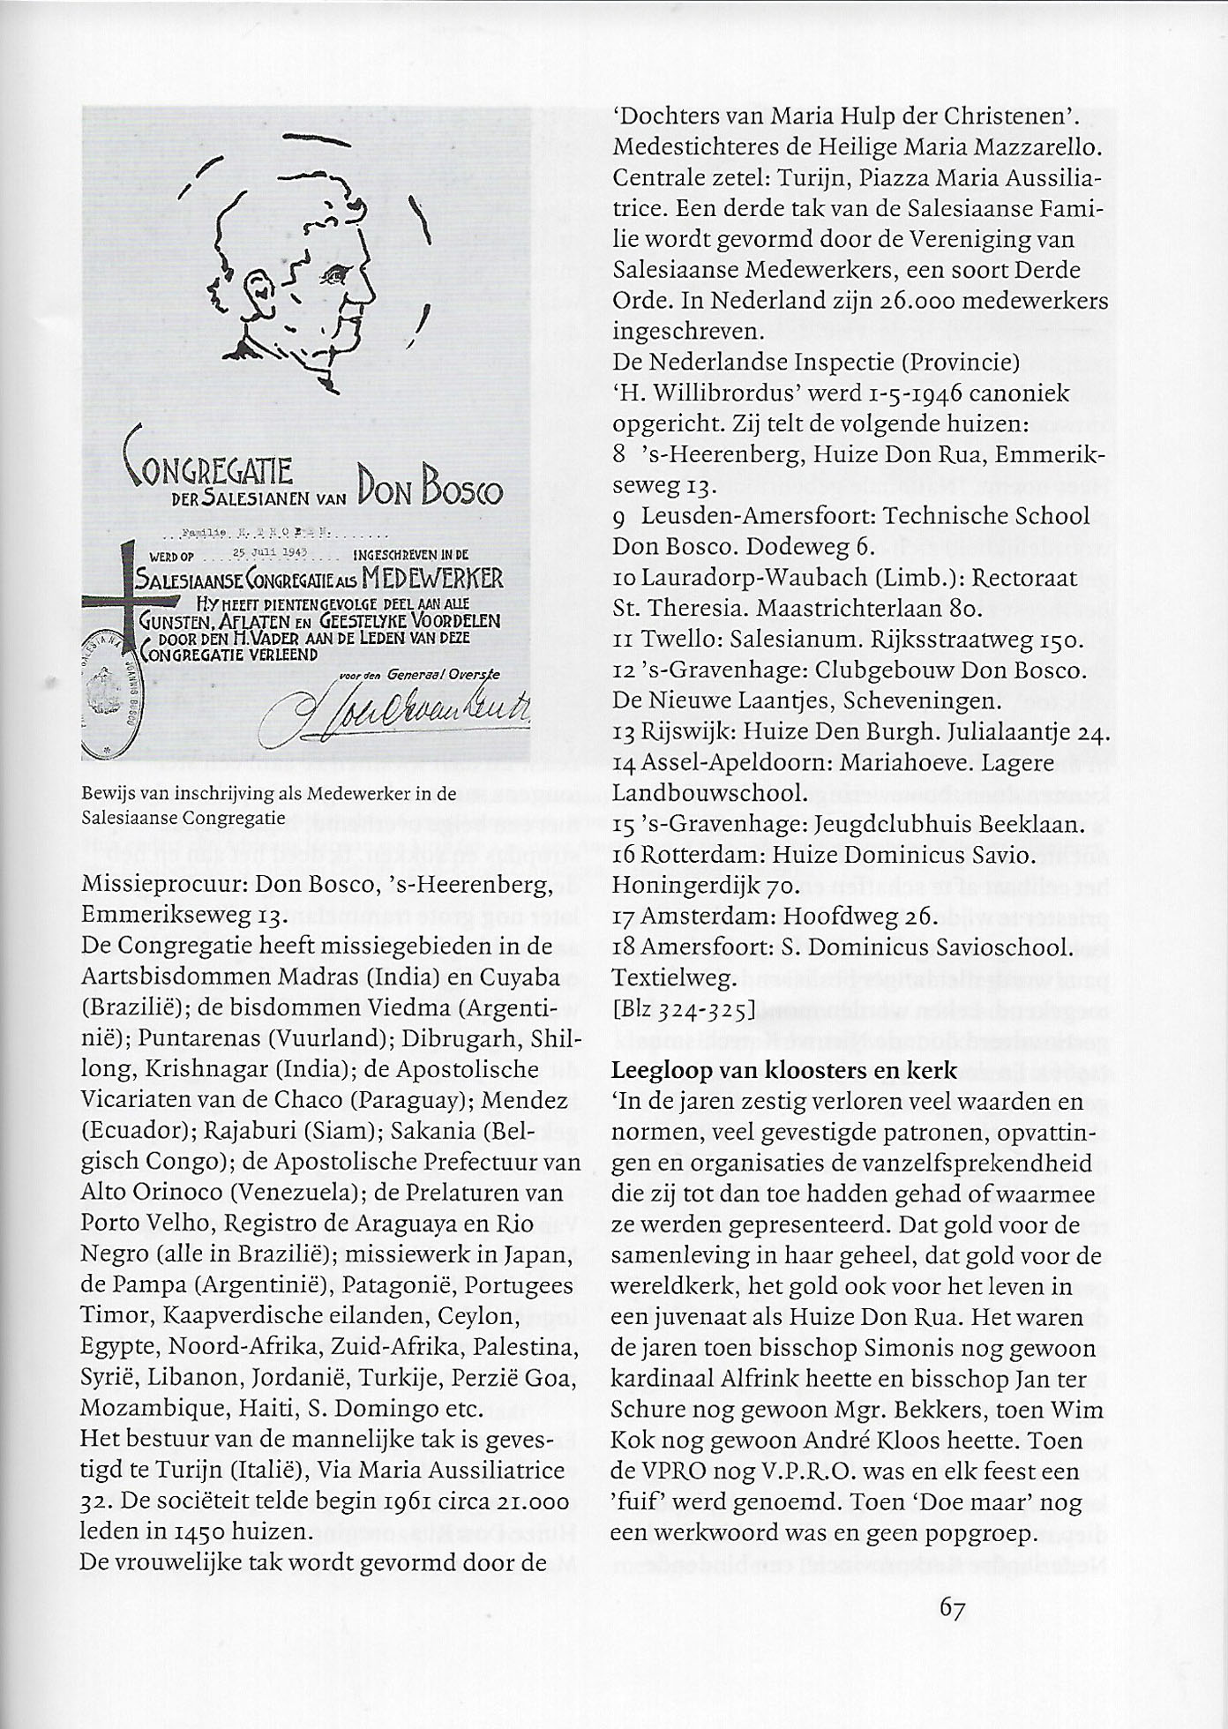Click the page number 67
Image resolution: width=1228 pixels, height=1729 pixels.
point(952,1608)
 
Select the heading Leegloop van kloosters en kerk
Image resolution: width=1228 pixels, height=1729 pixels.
point(783,1071)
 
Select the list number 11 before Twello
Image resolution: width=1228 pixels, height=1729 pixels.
point(625,640)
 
